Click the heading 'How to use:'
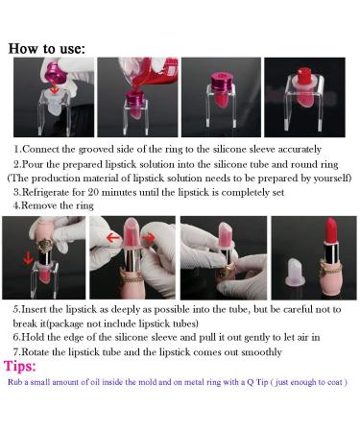click(x=47, y=49)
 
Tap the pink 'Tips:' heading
click(x=20, y=366)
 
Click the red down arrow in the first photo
click(x=55, y=87)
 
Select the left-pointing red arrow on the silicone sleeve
click(x=112, y=237)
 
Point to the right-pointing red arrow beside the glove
click(x=149, y=237)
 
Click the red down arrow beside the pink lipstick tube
click(x=29, y=257)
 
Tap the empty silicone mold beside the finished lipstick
click(x=295, y=272)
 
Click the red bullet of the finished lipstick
click(x=331, y=230)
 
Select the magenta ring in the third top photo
click(x=221, y=82)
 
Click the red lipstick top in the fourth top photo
click(x=304, y=77)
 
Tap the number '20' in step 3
click(x=93, y=192)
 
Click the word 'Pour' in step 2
click(x=33, y=164)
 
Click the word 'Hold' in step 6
click(x=33, y=337)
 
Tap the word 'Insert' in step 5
click(x=34, y=309)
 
